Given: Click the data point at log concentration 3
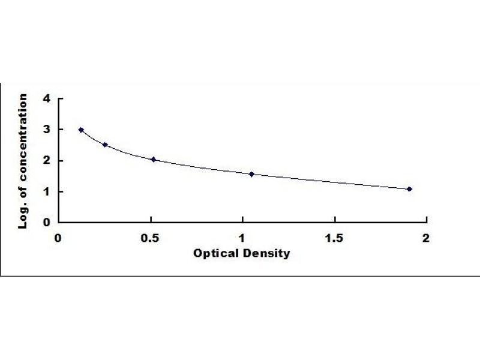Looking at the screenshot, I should (81, 130).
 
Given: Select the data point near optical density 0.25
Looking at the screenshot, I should (105, 145).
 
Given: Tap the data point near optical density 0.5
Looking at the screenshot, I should (154, 159).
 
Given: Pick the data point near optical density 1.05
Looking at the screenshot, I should (251, 174).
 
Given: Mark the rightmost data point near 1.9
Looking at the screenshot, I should (409, 189).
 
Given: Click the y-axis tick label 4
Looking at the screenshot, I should (47, 98).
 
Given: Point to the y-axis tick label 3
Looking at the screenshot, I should (47, 130).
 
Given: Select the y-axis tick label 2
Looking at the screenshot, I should (47, 161).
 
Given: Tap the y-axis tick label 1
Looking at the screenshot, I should (47, 191).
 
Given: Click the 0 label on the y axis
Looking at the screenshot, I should (47, 223).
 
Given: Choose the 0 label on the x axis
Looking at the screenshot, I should (58, 238).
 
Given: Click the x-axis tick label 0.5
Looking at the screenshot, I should (150, 238).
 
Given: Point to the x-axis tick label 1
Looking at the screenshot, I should (242, 238).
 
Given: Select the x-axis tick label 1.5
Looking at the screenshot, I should (334, 238).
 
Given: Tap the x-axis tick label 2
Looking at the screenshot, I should (426, 238).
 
